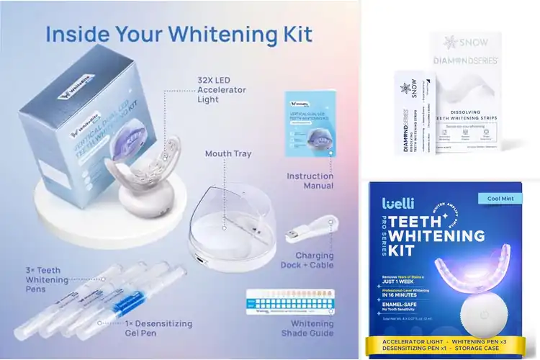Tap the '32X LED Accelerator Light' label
pos(221,90)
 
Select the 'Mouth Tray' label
pos(228,153)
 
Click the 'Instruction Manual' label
pos(310,181)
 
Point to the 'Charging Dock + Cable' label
pos(314,261)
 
